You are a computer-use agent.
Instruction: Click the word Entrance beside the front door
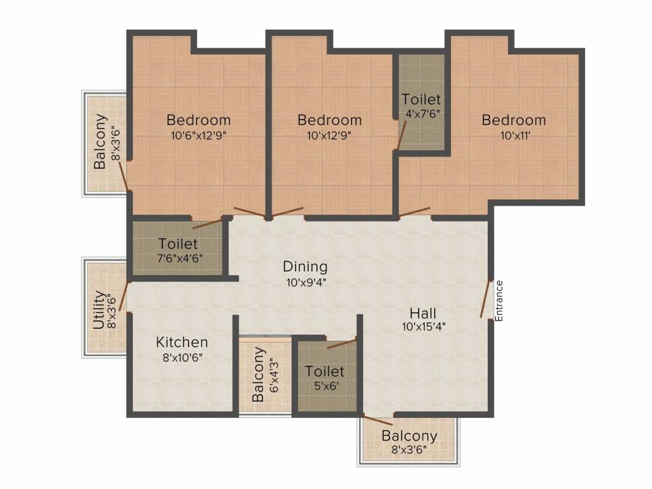[499, 301]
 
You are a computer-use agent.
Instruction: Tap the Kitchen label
[181, 342]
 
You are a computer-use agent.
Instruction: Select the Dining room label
[305, 267]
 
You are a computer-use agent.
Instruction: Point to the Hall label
[423, 313]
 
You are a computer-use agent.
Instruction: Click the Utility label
[99, 310]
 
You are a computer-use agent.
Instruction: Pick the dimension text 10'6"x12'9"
[199, 135]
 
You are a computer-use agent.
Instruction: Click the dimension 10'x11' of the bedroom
[513, 135]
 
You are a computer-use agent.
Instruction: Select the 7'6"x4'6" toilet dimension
[180, 259]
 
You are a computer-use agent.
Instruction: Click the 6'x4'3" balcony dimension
[274, 376]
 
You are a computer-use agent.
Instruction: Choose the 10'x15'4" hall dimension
[423, 327]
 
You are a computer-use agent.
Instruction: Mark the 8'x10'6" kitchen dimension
[182, 357]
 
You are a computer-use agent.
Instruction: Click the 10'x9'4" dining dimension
[306, 282]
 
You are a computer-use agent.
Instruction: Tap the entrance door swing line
[486, 299]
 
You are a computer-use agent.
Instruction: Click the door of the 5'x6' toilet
[342, 344]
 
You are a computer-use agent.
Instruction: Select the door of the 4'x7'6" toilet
[401, 135]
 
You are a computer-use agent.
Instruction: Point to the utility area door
[124, 297]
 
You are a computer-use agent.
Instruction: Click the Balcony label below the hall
[409, 436]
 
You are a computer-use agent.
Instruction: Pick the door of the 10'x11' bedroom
[415, 211]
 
